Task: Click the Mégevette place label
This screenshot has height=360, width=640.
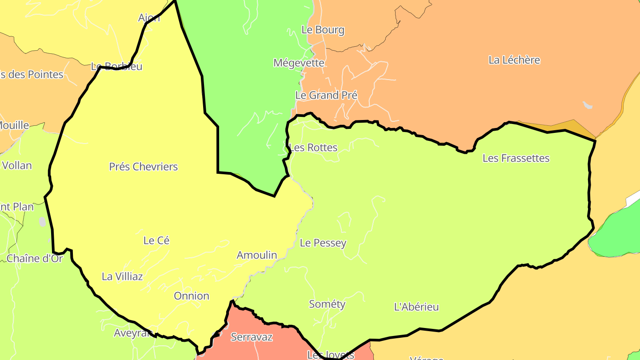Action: [299, 63]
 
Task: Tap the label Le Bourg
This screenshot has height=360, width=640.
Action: [323, 30]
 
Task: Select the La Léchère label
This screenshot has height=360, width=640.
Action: [514, 60]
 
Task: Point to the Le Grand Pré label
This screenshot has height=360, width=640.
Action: [326, 95]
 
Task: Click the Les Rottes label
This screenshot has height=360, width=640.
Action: [313, 148]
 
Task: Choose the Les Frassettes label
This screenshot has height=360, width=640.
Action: [516, 158]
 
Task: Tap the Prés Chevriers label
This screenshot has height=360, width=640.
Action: [144, 167]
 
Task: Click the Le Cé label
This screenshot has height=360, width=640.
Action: [156, 240]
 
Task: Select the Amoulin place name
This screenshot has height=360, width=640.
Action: [257, 255]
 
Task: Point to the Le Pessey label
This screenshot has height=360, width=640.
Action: [323, 243]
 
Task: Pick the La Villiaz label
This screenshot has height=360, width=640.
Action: [122, 276]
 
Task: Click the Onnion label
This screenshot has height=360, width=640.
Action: [192, 296]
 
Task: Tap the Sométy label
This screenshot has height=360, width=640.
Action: [327, 304]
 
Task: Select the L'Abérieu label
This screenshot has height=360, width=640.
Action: [416, 307]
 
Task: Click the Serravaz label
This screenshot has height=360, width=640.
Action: [252, 337]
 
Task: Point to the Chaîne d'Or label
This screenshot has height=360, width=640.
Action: [35, 258]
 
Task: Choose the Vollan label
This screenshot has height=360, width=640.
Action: [17, 166]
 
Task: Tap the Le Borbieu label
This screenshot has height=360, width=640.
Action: [116, 67]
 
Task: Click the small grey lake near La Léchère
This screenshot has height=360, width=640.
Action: [588, 105]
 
